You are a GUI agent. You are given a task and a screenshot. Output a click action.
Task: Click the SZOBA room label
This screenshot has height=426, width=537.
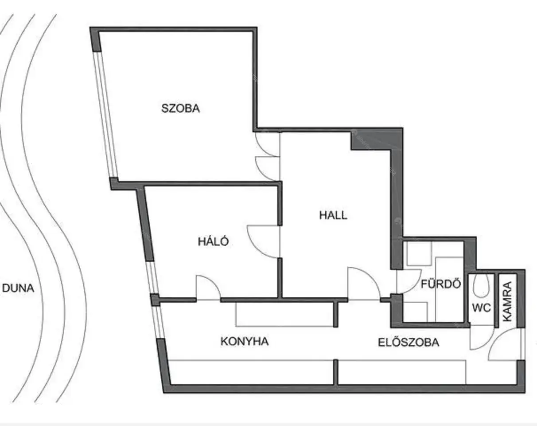click(180, 109)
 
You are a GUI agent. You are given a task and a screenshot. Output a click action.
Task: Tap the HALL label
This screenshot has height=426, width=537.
click(333, 215)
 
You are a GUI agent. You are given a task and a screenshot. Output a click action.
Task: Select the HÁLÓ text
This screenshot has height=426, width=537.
click(214, 241)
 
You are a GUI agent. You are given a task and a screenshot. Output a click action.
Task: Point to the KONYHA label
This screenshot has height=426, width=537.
click(245, 342)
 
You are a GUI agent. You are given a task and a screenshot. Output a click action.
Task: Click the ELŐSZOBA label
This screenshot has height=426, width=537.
click(409, 342)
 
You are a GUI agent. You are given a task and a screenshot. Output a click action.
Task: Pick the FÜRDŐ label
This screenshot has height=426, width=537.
click(441, 284)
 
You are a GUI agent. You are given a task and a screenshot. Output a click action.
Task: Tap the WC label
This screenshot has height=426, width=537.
click(481, 308)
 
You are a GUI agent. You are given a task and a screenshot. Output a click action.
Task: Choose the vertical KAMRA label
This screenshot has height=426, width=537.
click(508, 301)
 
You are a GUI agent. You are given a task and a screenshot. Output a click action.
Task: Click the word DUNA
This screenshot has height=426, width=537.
click(18, 288)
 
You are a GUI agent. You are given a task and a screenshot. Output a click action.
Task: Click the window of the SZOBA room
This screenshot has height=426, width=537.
click(105, 114)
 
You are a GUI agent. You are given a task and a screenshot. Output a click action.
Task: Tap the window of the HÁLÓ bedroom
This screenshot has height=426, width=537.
click(152, 277)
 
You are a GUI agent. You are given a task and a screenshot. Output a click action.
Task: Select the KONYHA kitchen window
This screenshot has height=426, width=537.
click(159, 322)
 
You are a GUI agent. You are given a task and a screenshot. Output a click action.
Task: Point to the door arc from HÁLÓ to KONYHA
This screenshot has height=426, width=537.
click(208, 287)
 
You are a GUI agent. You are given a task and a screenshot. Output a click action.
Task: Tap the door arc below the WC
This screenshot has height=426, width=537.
click(482, 338)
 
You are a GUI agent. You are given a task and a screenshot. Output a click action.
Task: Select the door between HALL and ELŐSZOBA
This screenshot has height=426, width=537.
click(364, 283)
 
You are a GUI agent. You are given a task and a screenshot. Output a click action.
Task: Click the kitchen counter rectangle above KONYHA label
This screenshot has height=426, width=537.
click(285, 314)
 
